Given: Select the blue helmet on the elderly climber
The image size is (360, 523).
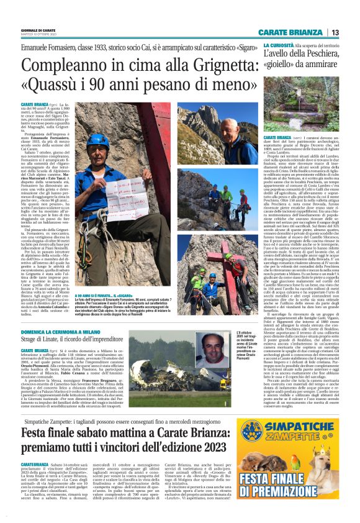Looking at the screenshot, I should pyautogui.click(x=99, y=140).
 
